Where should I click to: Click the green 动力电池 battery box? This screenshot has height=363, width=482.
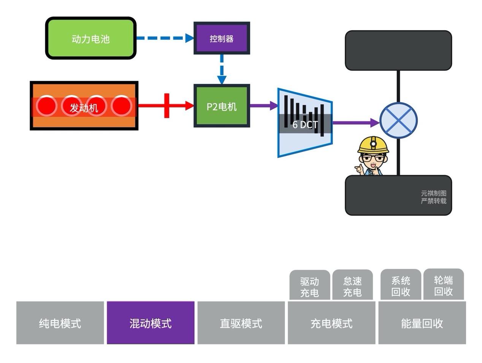(90, 38)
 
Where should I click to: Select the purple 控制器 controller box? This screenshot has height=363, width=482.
(222, 38)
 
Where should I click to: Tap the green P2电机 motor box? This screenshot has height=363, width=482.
(222, 106)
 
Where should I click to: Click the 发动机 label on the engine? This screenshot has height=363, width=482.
(84, 108)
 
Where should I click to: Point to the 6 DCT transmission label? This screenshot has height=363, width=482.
(305, 125)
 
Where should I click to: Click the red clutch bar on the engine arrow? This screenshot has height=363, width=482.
(166, 106)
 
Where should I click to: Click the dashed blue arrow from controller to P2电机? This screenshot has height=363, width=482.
(222, 69)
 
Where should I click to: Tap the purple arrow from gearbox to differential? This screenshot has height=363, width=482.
(355, 122)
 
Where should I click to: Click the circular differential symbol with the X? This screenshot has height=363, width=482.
(398, 121)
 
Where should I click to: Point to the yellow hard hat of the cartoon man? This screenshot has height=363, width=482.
(373, 144)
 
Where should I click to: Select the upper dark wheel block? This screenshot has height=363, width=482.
(398, 51)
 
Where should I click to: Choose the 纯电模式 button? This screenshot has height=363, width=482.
(60, 323)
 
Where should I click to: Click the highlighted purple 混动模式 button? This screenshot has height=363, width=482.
(151, 323)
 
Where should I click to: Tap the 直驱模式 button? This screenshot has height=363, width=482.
(241, 323)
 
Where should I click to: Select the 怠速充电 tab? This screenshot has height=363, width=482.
(352, 286)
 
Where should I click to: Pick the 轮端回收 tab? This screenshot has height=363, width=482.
(443, 285)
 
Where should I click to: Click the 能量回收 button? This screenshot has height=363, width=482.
(422, 323)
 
